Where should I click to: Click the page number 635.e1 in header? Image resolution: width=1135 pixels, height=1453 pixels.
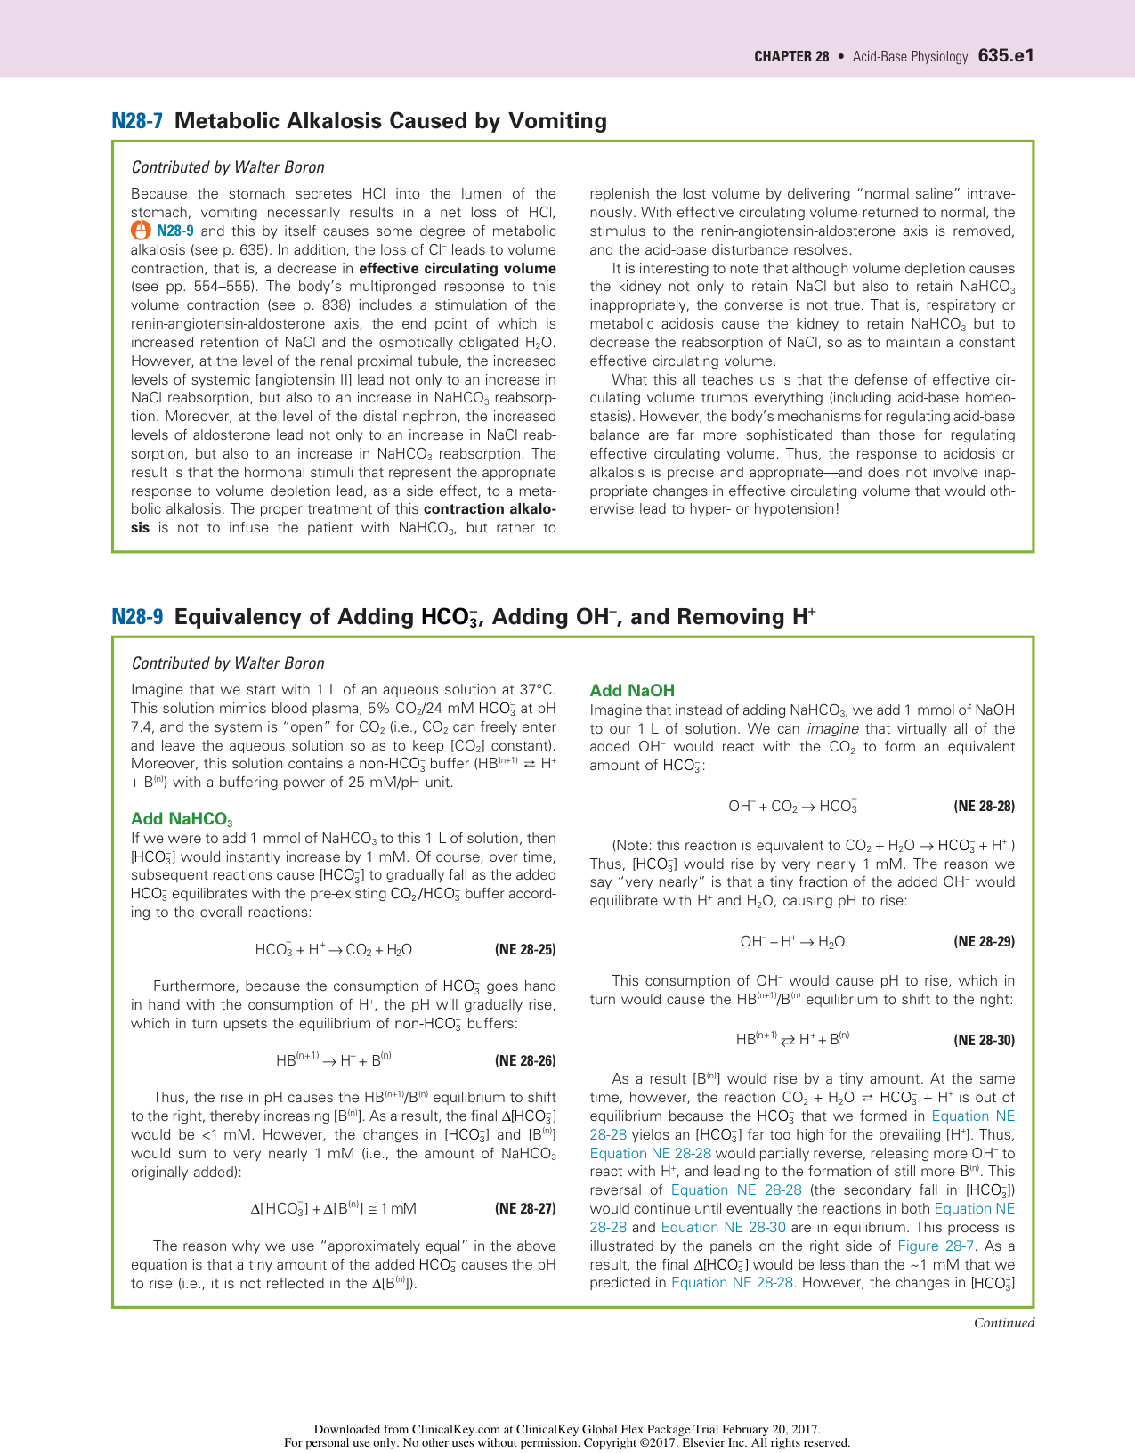[1005, 56]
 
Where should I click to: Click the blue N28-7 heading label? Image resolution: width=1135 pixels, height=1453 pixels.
[137, 121]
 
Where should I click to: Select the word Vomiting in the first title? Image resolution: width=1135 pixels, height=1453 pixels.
[557, 121]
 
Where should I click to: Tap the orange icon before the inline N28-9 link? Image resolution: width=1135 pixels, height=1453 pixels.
[141, 231]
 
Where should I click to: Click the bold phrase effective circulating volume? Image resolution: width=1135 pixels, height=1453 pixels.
[458, 268]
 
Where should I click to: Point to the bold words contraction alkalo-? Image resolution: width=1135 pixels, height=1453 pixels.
[490, 509]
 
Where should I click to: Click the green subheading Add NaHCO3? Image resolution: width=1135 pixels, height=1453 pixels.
[182, 819]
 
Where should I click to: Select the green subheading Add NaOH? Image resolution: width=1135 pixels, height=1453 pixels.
[632, 690]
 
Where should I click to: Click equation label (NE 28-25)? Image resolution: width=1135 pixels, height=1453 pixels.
[524, 950]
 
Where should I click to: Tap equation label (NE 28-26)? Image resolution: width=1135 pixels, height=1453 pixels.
[524, 1060]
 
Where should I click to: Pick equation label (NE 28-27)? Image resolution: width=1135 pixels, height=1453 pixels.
[524, 1209]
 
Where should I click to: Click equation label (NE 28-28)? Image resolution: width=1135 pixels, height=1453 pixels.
[984, 807]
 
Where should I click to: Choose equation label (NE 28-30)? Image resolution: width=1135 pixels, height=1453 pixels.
[984, 1040]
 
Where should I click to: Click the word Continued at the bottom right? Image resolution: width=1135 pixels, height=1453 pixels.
[1003, 1323]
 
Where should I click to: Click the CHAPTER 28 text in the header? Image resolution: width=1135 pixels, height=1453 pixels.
[790, 57]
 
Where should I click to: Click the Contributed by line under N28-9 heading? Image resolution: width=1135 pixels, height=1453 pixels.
[228, 663]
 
